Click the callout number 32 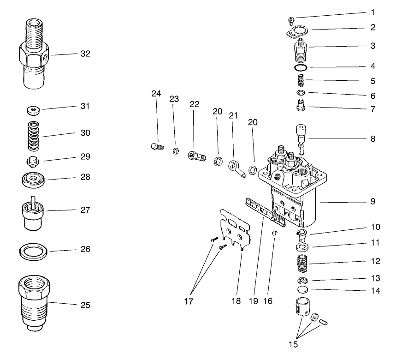[x=85, y=54]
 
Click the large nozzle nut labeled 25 [x=33, y=302]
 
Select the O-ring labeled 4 [x=301, y=68]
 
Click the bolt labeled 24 [x=157, y=147]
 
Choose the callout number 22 [x=194, y=104]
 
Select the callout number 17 [x=188, y=301]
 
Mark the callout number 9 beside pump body [x=372, y=202]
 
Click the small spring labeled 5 [x=301, y=81]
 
